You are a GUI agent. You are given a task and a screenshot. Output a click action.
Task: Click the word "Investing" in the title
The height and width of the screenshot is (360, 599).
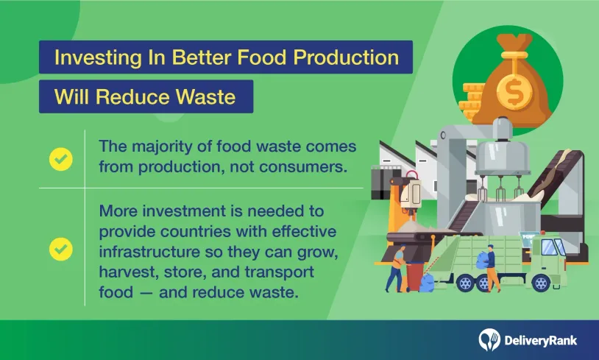click(98, 57)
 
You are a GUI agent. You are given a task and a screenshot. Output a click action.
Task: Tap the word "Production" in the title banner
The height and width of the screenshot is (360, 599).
click(346, 57)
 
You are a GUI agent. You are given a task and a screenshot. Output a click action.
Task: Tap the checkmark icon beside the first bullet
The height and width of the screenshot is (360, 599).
click(61, 159)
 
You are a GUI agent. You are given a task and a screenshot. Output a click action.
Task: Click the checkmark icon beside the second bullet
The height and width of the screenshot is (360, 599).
click(61, 249)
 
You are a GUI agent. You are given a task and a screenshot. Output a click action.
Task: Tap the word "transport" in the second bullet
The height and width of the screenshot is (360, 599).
click(279, 272)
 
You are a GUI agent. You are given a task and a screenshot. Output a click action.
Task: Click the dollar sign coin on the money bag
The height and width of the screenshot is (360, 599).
click(514, 91)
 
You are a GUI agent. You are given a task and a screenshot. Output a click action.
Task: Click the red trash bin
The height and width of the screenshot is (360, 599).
click(415, 276)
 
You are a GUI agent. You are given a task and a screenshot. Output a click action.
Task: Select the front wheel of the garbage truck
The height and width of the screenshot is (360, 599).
click(541, 283)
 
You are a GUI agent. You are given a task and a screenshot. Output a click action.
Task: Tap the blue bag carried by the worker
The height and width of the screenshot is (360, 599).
click(483, 259)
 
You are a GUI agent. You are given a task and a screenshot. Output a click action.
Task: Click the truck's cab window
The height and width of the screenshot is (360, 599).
click(550, 247)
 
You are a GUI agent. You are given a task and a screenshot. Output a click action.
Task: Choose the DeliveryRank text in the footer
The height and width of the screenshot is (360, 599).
click(540, 341)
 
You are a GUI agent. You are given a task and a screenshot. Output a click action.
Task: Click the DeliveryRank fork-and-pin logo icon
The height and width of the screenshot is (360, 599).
click(489, 339)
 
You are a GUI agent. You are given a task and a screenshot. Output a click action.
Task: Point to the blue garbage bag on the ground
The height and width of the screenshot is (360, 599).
click(427, 283)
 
